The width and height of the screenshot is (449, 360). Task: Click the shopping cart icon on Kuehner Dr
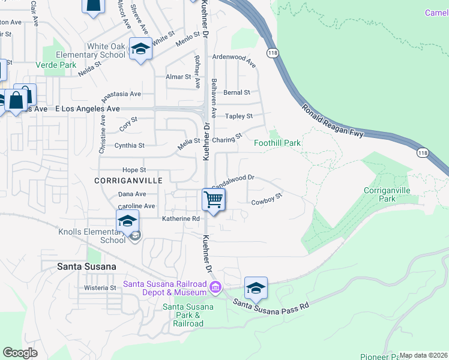point(213,200)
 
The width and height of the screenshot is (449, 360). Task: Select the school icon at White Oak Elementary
point(140,50)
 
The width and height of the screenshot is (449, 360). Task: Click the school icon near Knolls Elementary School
point(127,221)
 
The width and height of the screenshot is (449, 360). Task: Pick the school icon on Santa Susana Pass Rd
point(256,289)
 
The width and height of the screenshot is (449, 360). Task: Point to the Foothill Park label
point(277,143)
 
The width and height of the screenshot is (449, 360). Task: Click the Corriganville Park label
point(388,194)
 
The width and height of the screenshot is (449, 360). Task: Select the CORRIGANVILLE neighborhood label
point(120,180)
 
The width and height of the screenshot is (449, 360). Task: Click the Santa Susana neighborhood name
point(86,265)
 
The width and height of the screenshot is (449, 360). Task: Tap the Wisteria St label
point(100,288)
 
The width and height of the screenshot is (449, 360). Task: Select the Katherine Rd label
point(180,219)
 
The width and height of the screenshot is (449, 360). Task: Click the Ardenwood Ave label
point(235,61)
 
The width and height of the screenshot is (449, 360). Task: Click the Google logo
point(20,353)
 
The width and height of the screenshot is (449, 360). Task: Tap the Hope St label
point(134,170)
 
